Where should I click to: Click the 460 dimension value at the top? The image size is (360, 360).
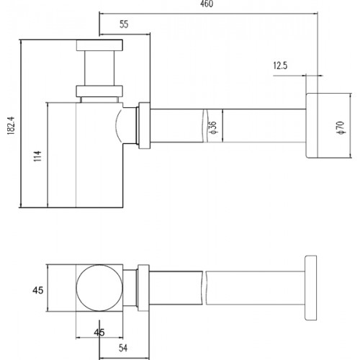[x=207, y=4]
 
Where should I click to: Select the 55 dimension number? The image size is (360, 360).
[x=124, y=24]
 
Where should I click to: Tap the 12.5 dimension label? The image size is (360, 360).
[x=280, y=66]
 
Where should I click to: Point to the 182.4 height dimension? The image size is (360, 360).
[x=12, y=125]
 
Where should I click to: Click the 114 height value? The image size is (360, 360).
[x=37, y=156]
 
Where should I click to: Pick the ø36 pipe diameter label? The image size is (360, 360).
[x=212, y=127]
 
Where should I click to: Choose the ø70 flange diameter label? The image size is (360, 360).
[x=341, y=127]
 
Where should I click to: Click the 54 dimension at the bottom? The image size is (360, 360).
[x=123, y=348]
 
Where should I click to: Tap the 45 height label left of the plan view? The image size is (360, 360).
[x=38, y=290]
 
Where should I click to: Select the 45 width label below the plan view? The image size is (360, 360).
[x=99, y=333]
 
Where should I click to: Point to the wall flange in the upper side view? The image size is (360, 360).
[x=312, y=126]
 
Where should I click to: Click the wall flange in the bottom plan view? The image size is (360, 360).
[x=311, y=288]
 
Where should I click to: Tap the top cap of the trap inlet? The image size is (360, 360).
[x=99, y=45]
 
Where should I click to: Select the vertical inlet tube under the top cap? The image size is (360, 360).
[x=99, y=68]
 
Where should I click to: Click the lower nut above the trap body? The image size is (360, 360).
[x=99, y=91]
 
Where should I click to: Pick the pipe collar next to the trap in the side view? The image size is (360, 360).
[x=144, y=125]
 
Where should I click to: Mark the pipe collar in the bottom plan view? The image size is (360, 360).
[x=143, y=288]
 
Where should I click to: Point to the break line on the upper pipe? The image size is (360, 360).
[x=204, y=126]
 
